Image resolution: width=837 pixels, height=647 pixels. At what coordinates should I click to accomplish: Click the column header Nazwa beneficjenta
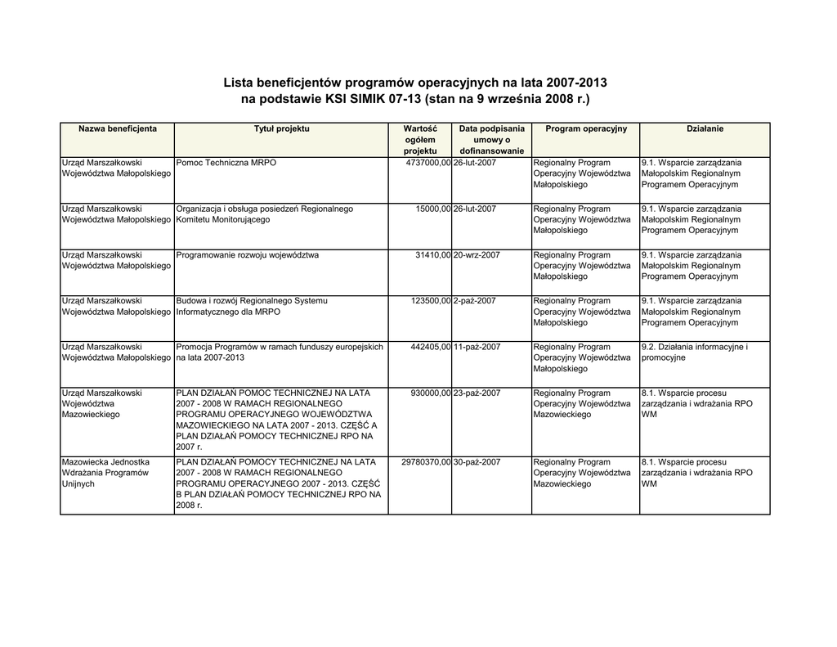(x=118, y=129)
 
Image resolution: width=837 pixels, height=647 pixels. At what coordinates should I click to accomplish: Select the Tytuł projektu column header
(x=281, y=129)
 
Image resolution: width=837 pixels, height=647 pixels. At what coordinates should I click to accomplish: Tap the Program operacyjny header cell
(x=585, y=129)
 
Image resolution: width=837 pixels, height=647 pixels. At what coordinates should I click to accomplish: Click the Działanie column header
(x=705, y=129)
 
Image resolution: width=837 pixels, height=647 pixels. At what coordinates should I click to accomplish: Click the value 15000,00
(x=433, y=209)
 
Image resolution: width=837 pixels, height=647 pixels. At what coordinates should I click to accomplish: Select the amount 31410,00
(x=433, y=255)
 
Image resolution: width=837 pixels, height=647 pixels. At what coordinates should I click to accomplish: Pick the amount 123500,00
(x=431, y=301)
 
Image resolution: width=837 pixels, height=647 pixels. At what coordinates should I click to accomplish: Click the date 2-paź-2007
(x=474, y=301)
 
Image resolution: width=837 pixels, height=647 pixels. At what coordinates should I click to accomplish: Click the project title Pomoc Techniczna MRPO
(x=226, y=163)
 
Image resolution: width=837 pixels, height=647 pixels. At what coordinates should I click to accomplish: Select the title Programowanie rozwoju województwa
(x=248, y=255)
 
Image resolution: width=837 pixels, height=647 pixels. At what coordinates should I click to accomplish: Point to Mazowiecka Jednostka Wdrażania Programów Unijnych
(x=105, y=473)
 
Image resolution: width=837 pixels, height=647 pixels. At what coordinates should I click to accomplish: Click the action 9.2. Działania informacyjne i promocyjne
(x=695, y=353)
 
